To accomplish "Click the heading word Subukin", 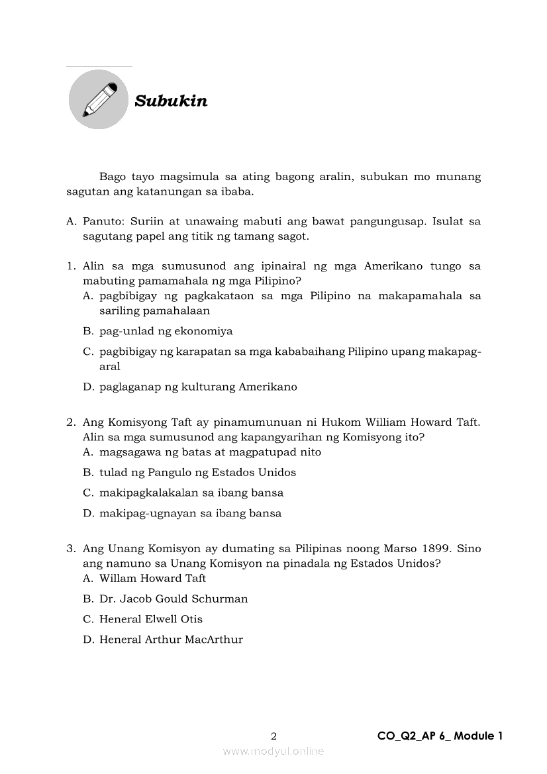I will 171,101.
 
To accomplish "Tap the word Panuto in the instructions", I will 102,221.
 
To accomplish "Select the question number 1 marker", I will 71,266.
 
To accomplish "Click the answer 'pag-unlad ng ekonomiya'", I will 166,331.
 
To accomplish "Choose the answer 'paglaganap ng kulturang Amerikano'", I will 198,387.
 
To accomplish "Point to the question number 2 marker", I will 71,422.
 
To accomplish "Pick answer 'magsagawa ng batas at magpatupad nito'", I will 210,452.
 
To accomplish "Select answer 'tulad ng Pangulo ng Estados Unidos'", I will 197,473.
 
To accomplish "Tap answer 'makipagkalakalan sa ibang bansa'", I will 191,493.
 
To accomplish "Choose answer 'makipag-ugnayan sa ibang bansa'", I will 190,514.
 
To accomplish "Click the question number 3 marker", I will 71,549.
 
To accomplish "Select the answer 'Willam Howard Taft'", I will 152,579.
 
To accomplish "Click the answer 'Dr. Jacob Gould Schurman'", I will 174,599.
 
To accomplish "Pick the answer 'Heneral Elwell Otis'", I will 150,620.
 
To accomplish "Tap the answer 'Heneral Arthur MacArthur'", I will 171,640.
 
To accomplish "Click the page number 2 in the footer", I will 273,736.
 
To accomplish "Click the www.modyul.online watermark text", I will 273,751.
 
